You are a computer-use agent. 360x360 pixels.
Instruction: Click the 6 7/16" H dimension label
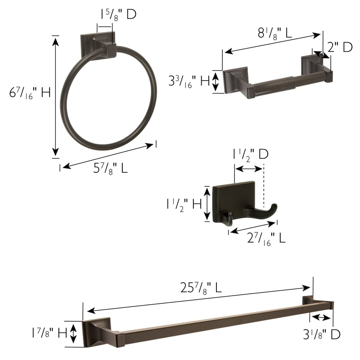click(30, 93)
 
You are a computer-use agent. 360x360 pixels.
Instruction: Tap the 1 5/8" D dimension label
click(118, 14)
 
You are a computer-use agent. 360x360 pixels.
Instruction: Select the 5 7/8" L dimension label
click(110, 168)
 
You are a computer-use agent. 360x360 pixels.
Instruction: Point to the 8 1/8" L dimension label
click(275, 33)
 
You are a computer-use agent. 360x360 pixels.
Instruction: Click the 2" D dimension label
click(340, 47)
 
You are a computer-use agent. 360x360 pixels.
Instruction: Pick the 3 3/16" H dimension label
click(189, 81)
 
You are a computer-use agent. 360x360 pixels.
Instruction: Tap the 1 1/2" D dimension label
click(251, 154)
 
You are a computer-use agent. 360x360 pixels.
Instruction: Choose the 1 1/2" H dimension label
click(184, 204)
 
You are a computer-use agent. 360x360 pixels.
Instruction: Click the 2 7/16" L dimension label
click(266, 238)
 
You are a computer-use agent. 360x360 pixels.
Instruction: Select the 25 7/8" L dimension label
click(201, 288)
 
